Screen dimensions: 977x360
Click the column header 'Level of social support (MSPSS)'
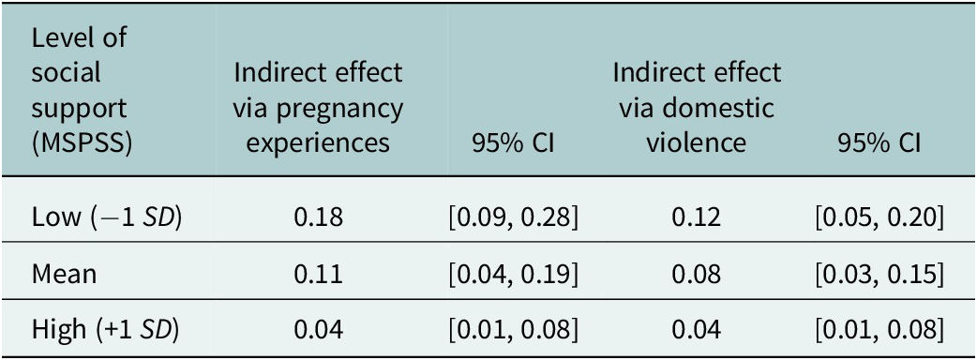click(79, 90)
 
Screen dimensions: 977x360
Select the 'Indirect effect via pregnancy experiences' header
click(318, 108)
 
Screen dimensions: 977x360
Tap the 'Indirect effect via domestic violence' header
click(696, 108)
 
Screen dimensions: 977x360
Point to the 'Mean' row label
click(64, 275)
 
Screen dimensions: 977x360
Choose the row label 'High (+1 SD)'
click(105, 329)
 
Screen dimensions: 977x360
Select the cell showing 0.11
click(318, 275)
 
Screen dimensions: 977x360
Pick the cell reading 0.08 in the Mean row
click(696, 275)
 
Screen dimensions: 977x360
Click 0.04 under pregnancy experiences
click(318, 329)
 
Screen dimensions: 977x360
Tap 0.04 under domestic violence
click(696, 329)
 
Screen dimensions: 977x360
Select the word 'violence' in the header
click(696, 143)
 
